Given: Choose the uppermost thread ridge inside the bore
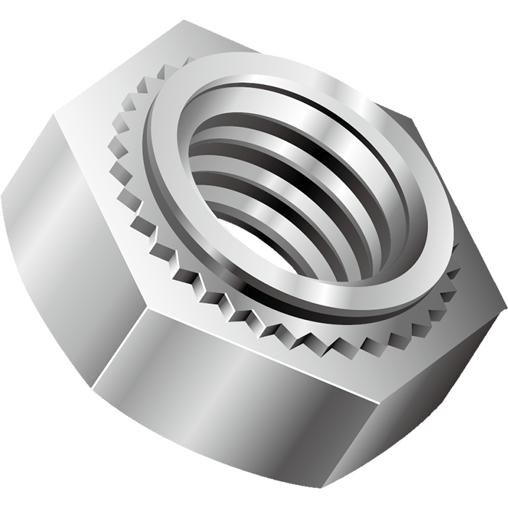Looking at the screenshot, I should (290, 116).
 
